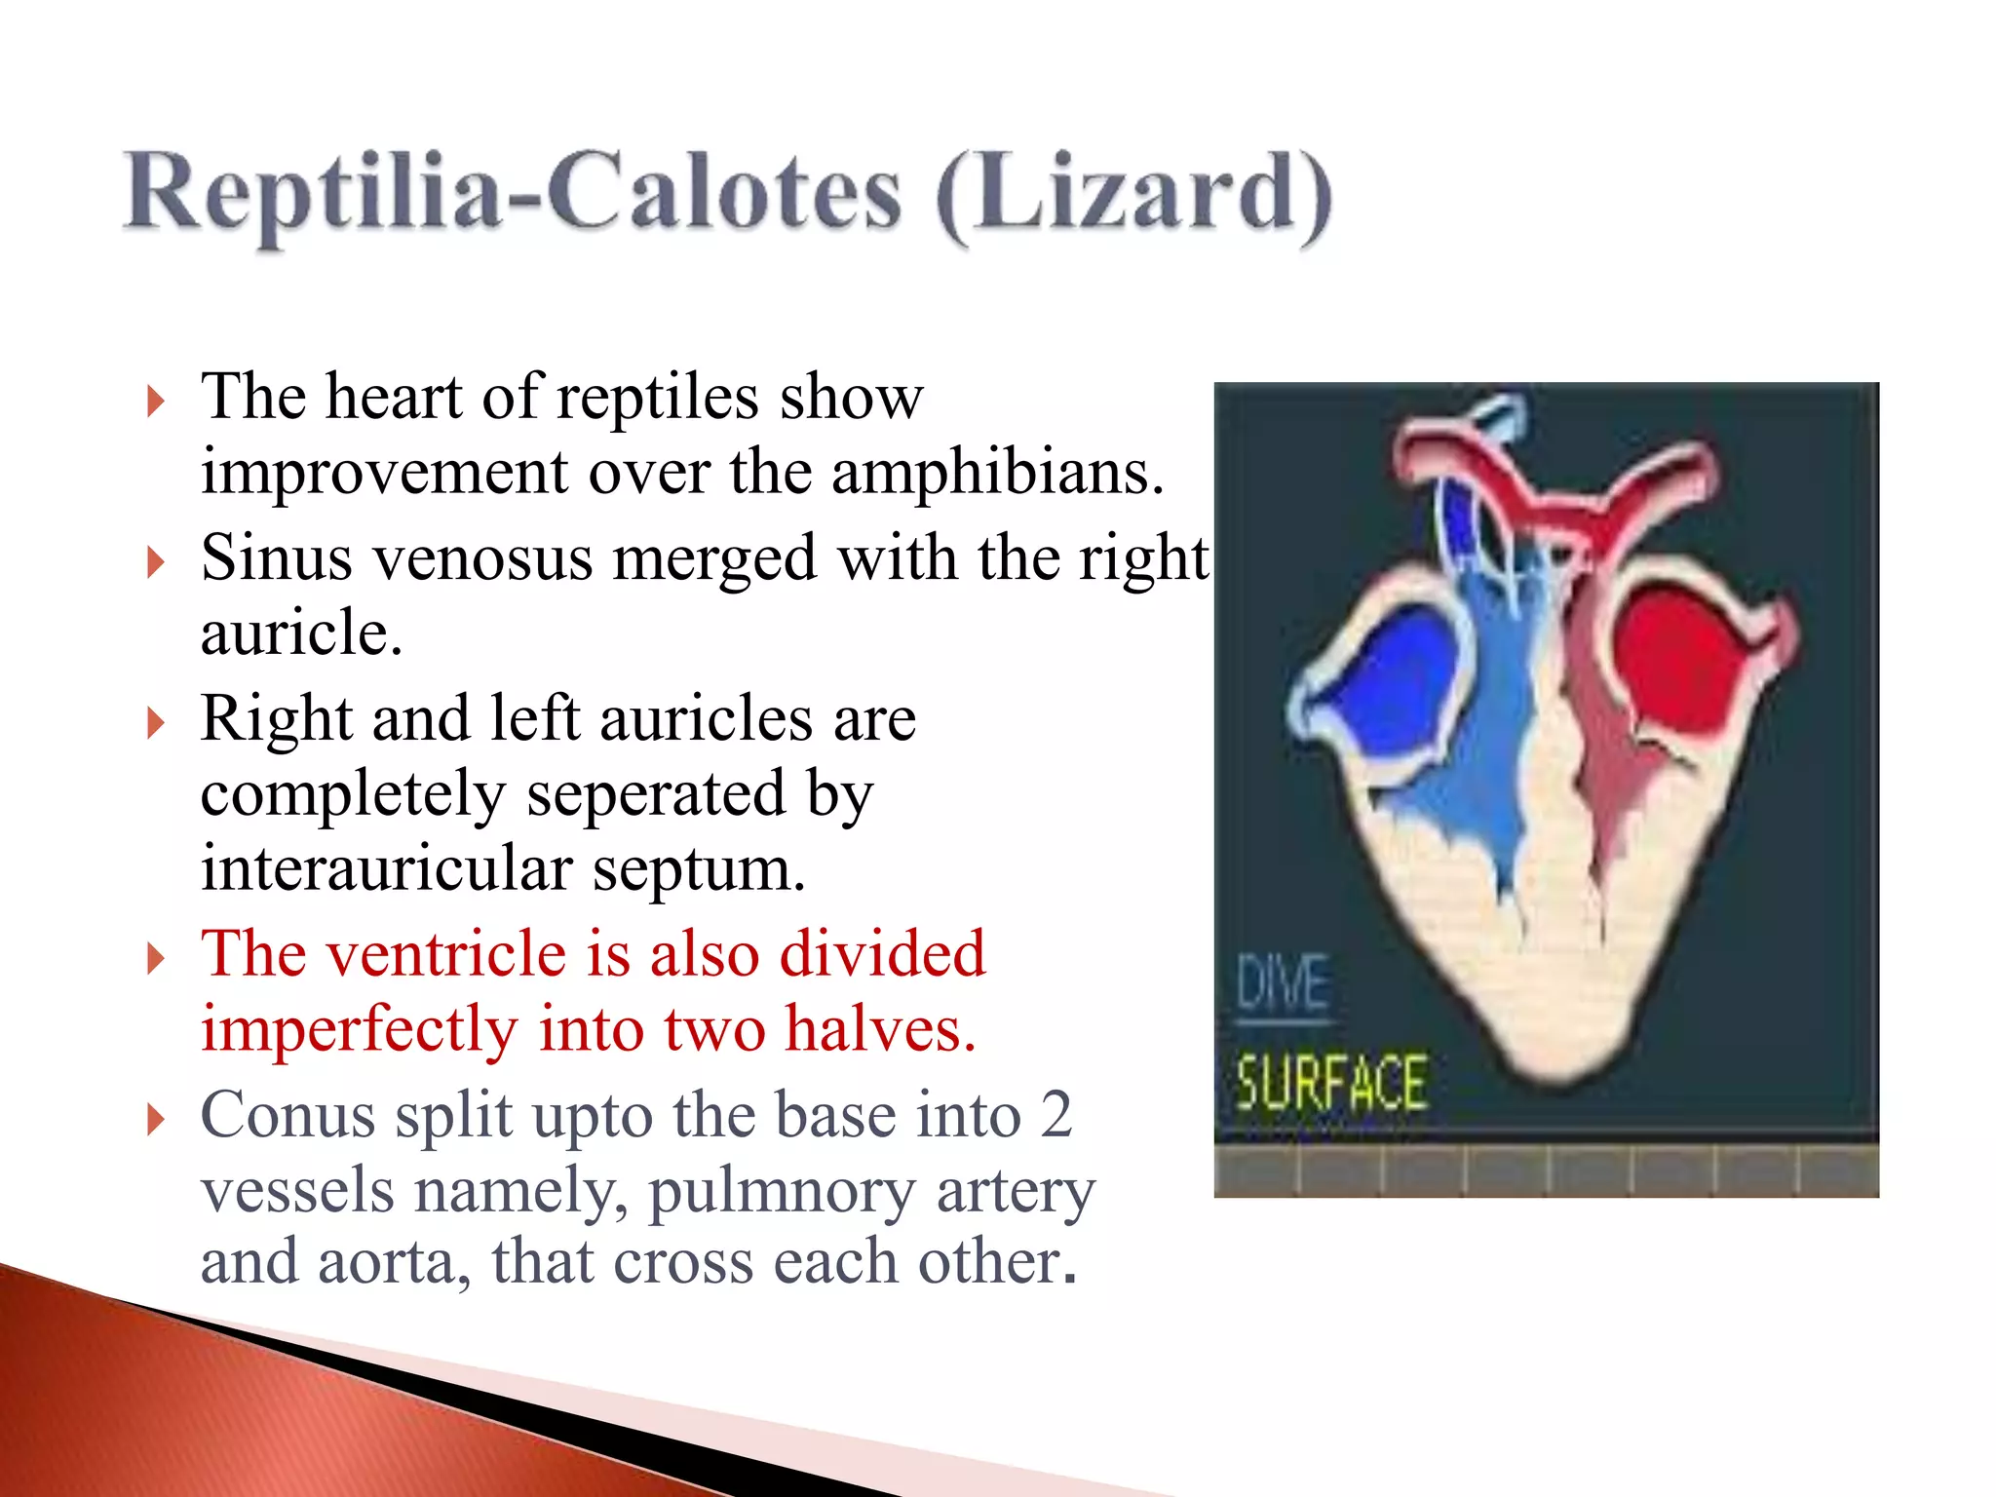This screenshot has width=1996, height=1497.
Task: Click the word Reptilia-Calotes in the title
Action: tap(511, 193)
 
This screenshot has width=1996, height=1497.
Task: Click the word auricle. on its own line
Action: tap(300, 633)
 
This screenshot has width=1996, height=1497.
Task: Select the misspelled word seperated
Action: tap(655, 794)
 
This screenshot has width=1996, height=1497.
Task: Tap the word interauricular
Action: tap(384, 868)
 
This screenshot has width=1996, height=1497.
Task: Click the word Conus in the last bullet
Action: tap(288, 1115)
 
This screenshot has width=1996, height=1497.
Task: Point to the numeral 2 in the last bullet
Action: tap(1055, 1115)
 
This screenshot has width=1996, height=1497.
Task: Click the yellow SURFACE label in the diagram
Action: tap(1331, 1083)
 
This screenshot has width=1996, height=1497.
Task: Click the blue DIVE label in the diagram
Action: tap(1283, 984)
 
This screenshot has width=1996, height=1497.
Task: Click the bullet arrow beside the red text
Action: tap(155, 958)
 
